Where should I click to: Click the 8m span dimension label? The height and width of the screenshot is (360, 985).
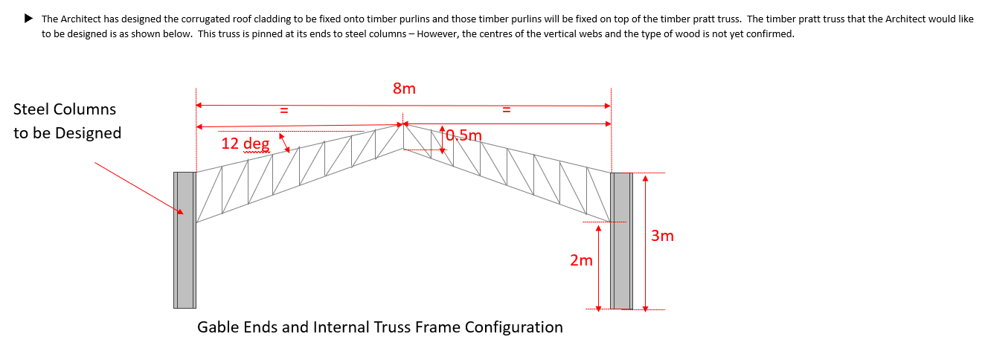pyautogui.click(x=404, y=89)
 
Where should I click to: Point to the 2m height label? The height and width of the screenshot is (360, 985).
pyautogui.click(x=581, y=260)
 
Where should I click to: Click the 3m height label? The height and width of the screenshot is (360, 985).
pyautogui.click(x=662, y=236)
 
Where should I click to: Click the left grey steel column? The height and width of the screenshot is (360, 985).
pyautogui.click(x=185, y=240)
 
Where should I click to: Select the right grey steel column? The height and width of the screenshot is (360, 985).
pyautogui.click(x=621, y=240)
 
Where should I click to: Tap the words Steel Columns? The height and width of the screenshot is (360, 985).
pyautogui.click(x=65, y=109)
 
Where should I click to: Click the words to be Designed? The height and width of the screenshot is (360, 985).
pyautogui.click(x=67, y=133)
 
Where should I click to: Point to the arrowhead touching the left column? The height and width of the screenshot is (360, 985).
pyautogui.click(x=179, y=211)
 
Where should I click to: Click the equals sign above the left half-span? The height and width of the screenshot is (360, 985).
pyautogui.click(x=283, y=111)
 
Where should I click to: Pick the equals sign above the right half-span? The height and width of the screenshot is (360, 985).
pyautogui.click(x=506, y=111)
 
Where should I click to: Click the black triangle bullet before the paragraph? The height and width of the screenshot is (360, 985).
pyautogui.click(x=29, y=19)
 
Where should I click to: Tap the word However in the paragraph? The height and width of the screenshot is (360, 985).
pyautogui.click(x=440, y=34)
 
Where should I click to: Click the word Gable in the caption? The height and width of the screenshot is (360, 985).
pyautogui.click(x=218, y=327)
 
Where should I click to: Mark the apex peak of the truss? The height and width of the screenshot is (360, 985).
pyautogui.click(x=402, y=125)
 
